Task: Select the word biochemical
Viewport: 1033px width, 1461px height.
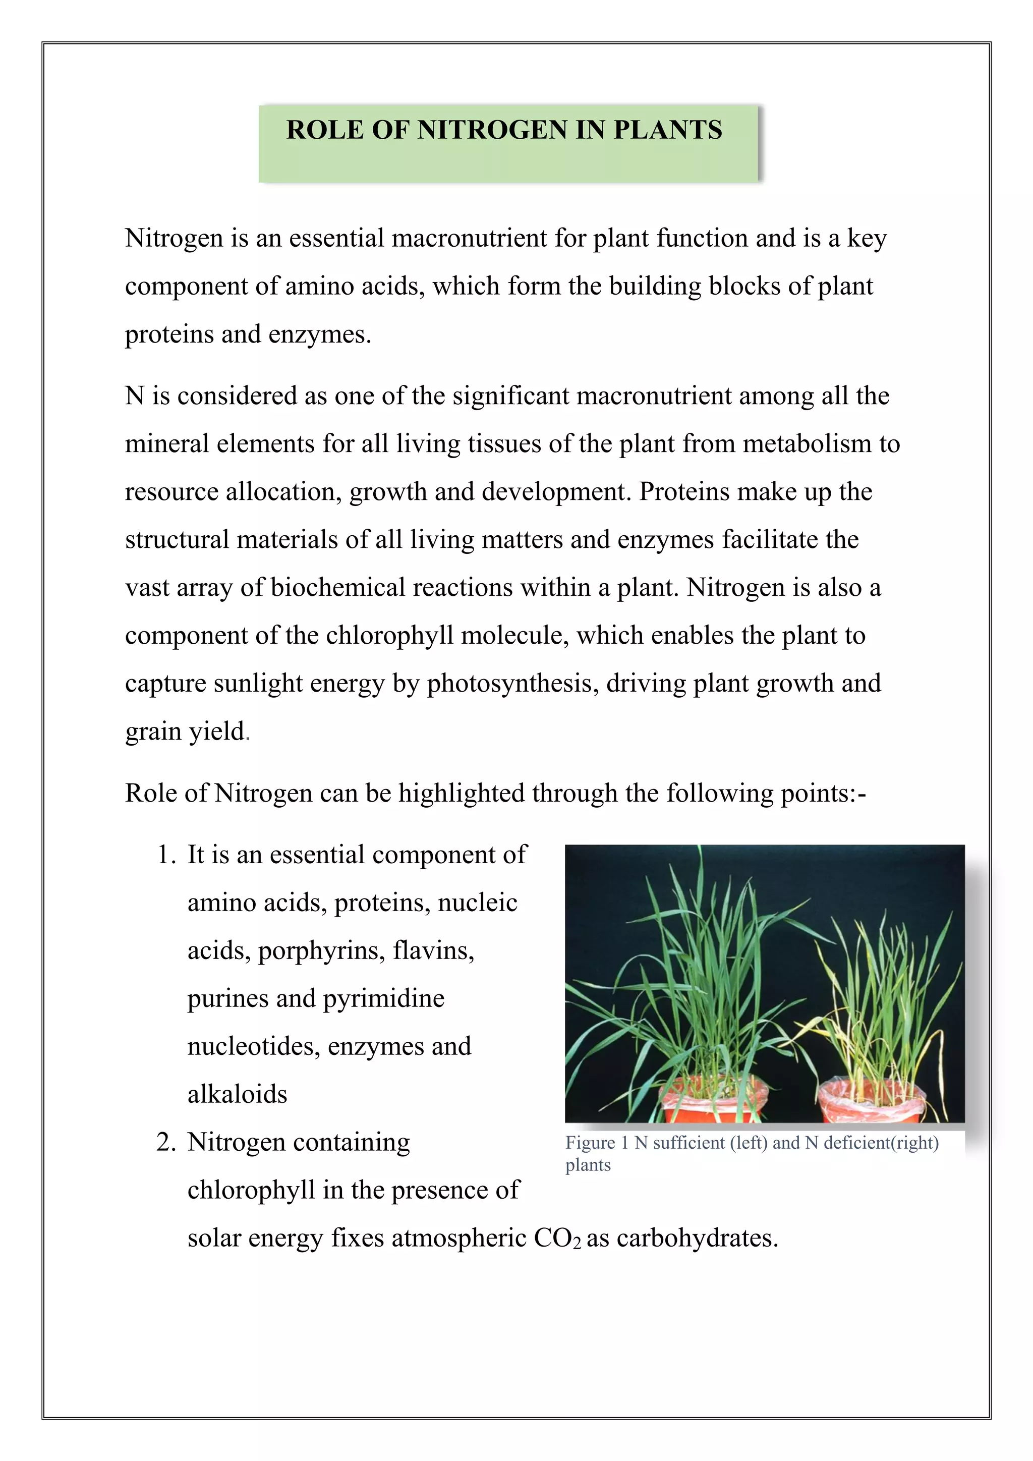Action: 338,587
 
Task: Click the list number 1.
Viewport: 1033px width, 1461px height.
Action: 165,855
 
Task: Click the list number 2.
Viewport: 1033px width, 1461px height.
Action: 165,1142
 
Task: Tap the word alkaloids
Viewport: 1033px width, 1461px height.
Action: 237,1094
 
